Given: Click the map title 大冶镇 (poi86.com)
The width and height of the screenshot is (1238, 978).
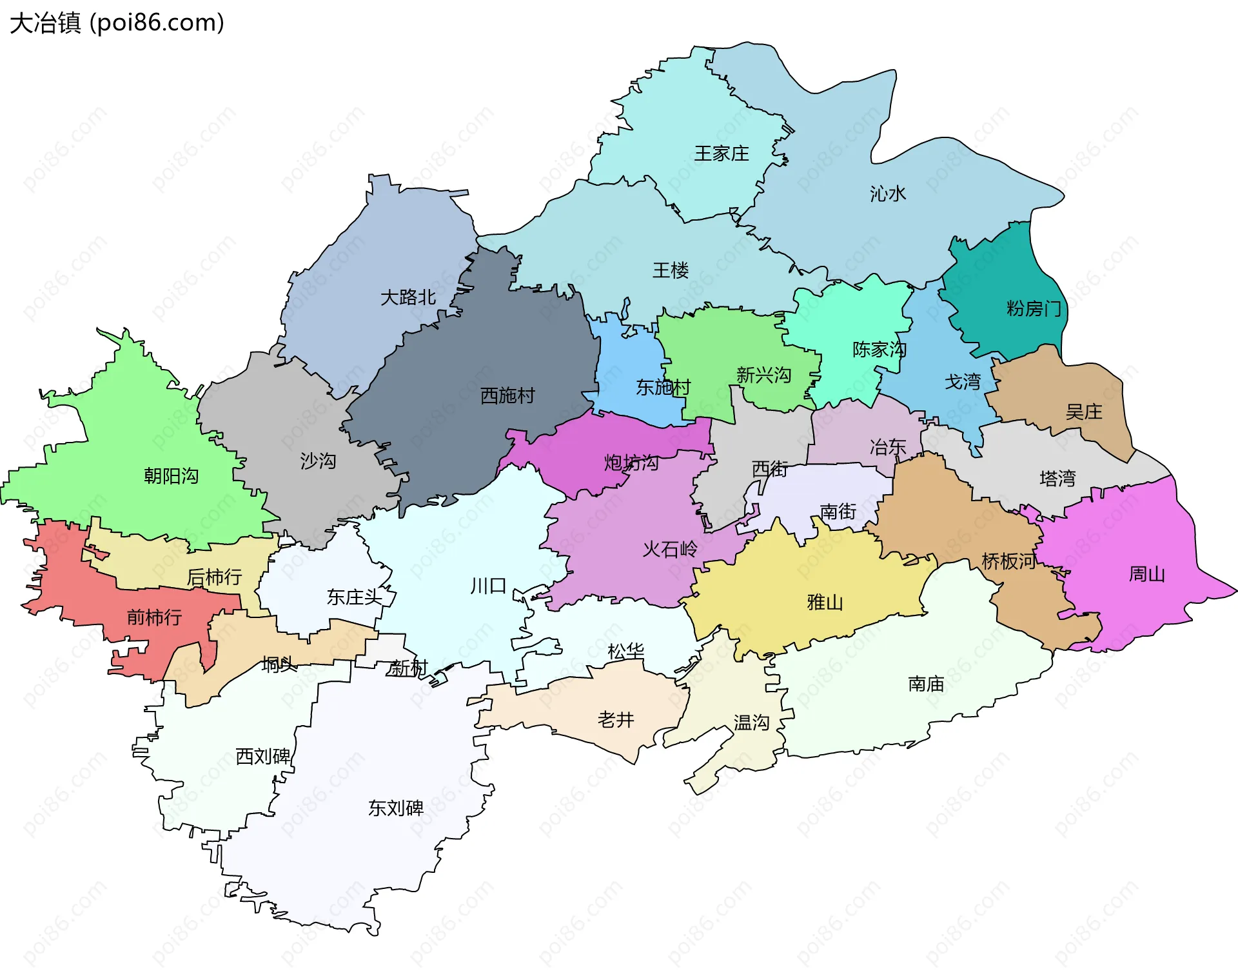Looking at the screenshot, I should (x=117, y=23).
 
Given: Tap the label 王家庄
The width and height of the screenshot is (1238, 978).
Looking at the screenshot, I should (x=721, y=154).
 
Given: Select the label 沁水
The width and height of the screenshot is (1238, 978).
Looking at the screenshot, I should (x=887, y=194).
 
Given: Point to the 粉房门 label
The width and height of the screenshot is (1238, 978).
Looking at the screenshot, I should (x=1034, y=309).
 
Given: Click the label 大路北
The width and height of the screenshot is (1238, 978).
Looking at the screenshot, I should (x=408, y=297).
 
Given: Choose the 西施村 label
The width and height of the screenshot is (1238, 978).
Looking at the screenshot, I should (x=507, y=395).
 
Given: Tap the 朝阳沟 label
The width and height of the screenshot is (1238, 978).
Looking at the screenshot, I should (x=171, y=476).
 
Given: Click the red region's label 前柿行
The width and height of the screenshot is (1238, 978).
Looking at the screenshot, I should (x=154, y=617).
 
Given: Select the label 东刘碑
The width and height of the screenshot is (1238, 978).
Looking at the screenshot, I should (x=395, y=808).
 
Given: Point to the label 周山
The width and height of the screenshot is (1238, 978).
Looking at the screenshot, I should (x=1146, y=574).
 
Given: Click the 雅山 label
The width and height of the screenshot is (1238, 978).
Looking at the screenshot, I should (x=825, y=603).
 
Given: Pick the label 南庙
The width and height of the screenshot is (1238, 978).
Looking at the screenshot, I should (x=925, y=684).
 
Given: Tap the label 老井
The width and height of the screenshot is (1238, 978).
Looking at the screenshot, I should (x=615, y=719).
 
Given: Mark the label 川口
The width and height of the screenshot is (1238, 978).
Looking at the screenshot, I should (x=488, y=586).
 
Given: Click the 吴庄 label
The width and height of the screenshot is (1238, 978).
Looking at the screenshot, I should (x=1083, y=412).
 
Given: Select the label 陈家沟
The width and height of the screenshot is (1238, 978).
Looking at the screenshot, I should (x=879, y=350).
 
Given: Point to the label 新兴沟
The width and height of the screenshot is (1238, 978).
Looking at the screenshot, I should (x=763, y=375).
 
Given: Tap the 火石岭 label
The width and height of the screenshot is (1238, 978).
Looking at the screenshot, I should (x=670, y=549).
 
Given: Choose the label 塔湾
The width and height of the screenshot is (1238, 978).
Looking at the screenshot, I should (x=1057, y=478).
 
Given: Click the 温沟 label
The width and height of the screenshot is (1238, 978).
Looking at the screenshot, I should (x=751, y=722).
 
